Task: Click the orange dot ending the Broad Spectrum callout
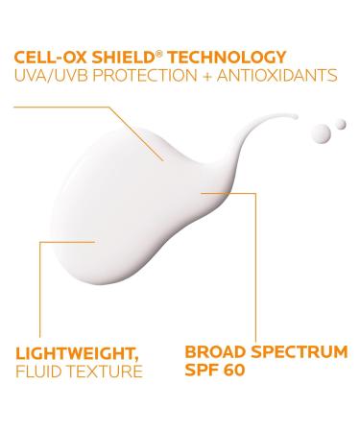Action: pyautogui.click(x=204, y=193)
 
